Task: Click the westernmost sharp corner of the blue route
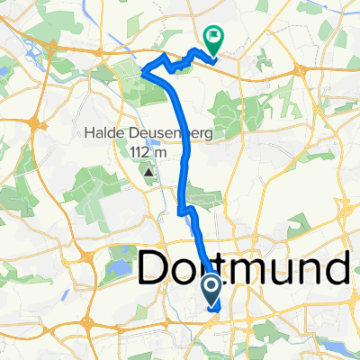coord(144,73)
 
